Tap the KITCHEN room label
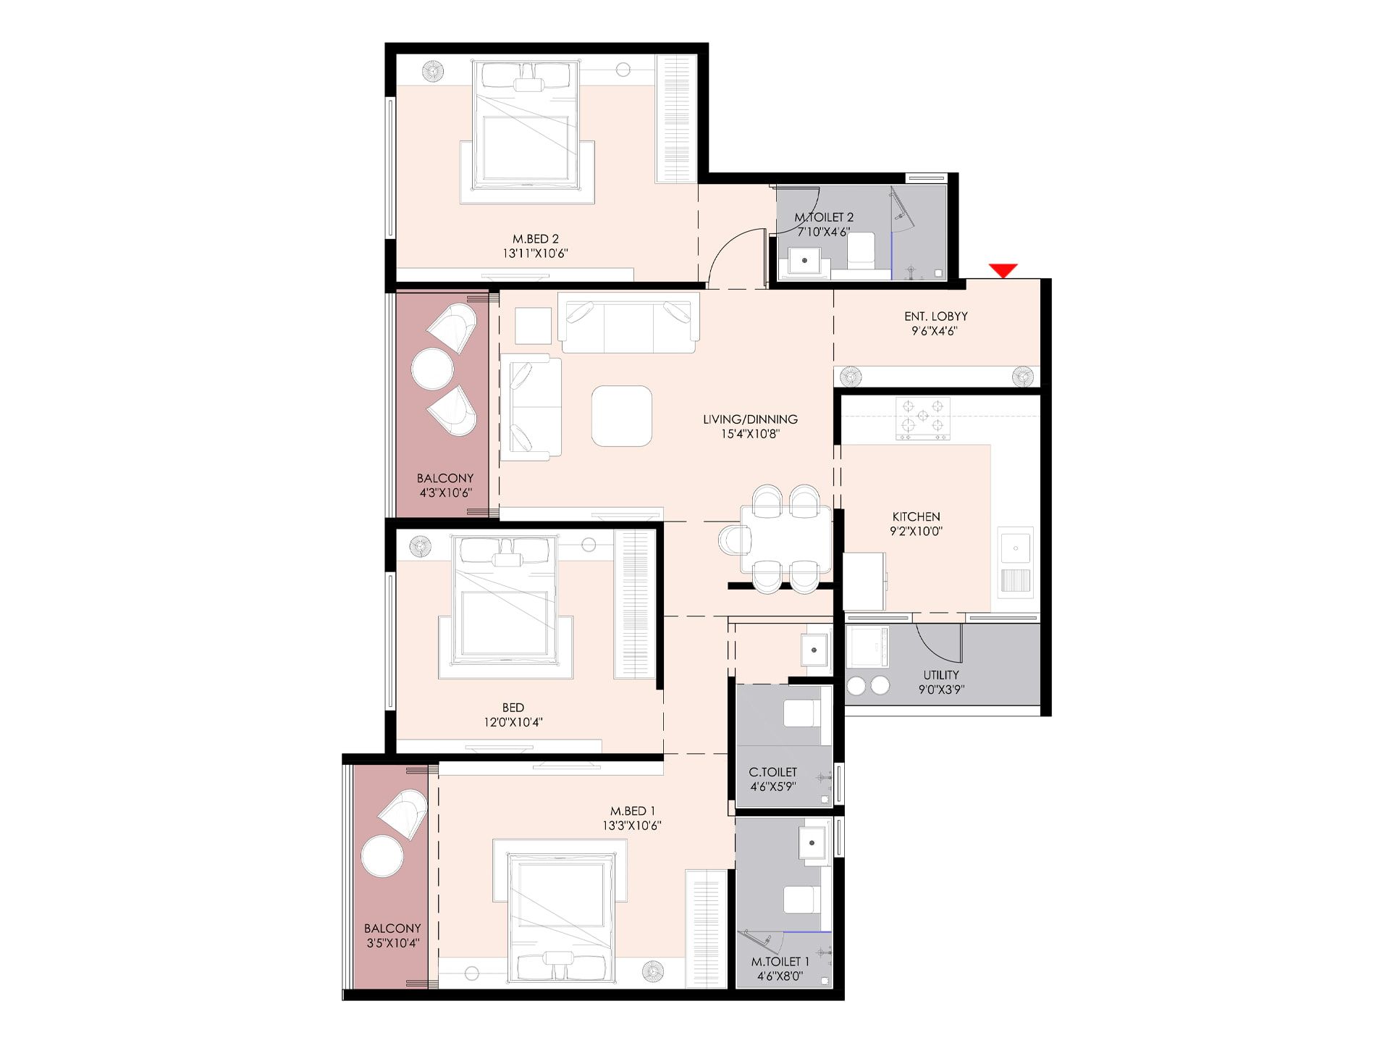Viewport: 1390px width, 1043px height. pyautogui.click(x=916, y=516)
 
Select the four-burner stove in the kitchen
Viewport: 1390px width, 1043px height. pyautogui.click(x=922, y=418)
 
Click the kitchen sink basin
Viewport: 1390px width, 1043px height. pyautogui.click(x=1016, y=548)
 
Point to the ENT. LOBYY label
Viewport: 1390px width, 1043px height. pyautogui.click(x=935, y=317)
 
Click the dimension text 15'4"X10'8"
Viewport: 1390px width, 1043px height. pyautogui.click(x=750, y=434)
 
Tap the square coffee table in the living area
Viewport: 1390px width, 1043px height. pyautogui.click(x=621, y=416)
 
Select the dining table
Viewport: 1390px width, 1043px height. pyautogui.click(x=785, y=539)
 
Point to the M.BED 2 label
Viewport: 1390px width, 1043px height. pyautogui.click(x=536, y=239)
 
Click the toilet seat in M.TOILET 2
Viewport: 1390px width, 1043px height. pyautogui.click(x=861, y=251)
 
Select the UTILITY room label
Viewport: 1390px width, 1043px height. pyautogui.click(x=941, y=675)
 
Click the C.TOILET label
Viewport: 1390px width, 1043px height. pyautogui.click(x=772, y=772)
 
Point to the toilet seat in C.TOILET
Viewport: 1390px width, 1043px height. pyautogui.click(x=803, y=714)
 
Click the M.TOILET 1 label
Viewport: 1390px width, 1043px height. pyautogui.click(x=780, y=962)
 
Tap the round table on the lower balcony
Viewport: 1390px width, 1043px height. pyautogui.click(x=383, y=857)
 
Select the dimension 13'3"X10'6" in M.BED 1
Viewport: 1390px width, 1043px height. pyautogui.click(x=631, y=826)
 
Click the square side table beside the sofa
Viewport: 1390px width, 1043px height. pyautogui.click(x=533, y=326)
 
